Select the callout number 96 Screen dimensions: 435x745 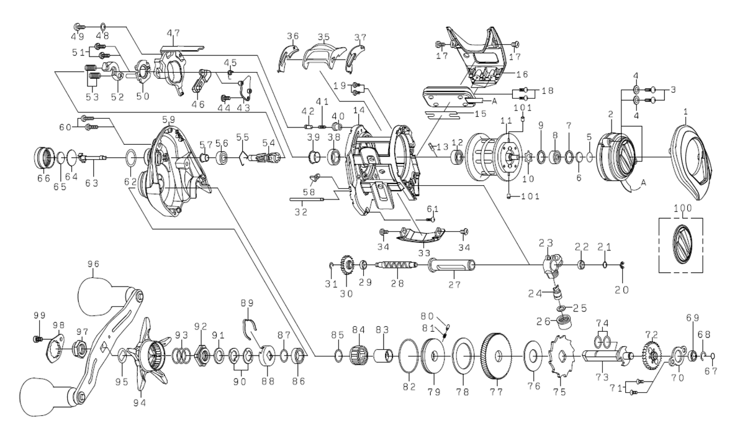coord(94,263)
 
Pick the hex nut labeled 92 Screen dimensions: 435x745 coord(201,357)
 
